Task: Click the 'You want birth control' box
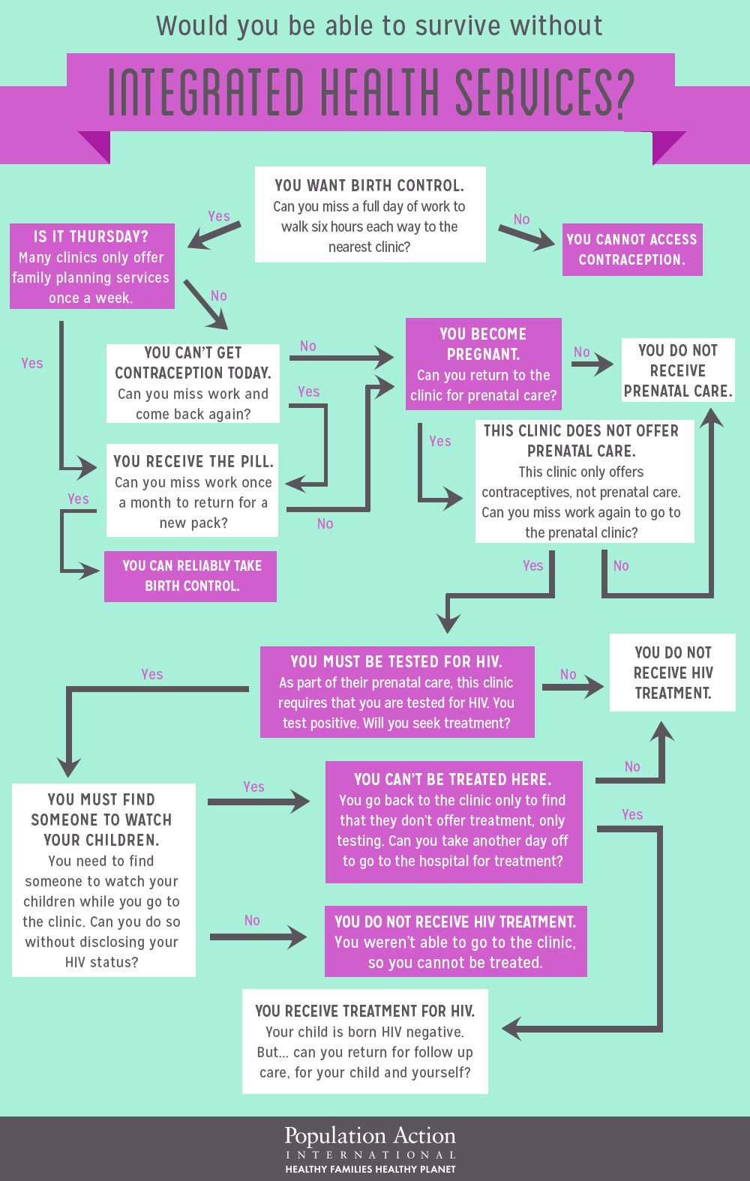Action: point(370,214)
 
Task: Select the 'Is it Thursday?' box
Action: point(91,266)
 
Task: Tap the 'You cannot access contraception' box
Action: point(631,250)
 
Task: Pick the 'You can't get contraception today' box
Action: point(193,383)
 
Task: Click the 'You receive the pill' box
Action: point(193,491)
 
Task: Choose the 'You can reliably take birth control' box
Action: point(190,576)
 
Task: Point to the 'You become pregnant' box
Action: point(483,364)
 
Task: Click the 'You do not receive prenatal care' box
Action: point(677,370)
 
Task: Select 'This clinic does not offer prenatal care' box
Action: point(583,481)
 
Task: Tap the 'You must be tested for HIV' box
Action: point(397,692)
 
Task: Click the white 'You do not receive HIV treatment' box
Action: point(672,673)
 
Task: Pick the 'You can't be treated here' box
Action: point(453,822)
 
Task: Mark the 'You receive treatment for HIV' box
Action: point(365,1041)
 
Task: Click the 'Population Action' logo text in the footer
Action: point(370,1136)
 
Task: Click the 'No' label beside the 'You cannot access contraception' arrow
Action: point(522,220)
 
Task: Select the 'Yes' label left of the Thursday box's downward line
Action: point(32,364)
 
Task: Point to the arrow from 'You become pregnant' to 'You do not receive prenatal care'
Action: point(592,365)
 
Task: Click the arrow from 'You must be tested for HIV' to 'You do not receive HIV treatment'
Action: point(572,686)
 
